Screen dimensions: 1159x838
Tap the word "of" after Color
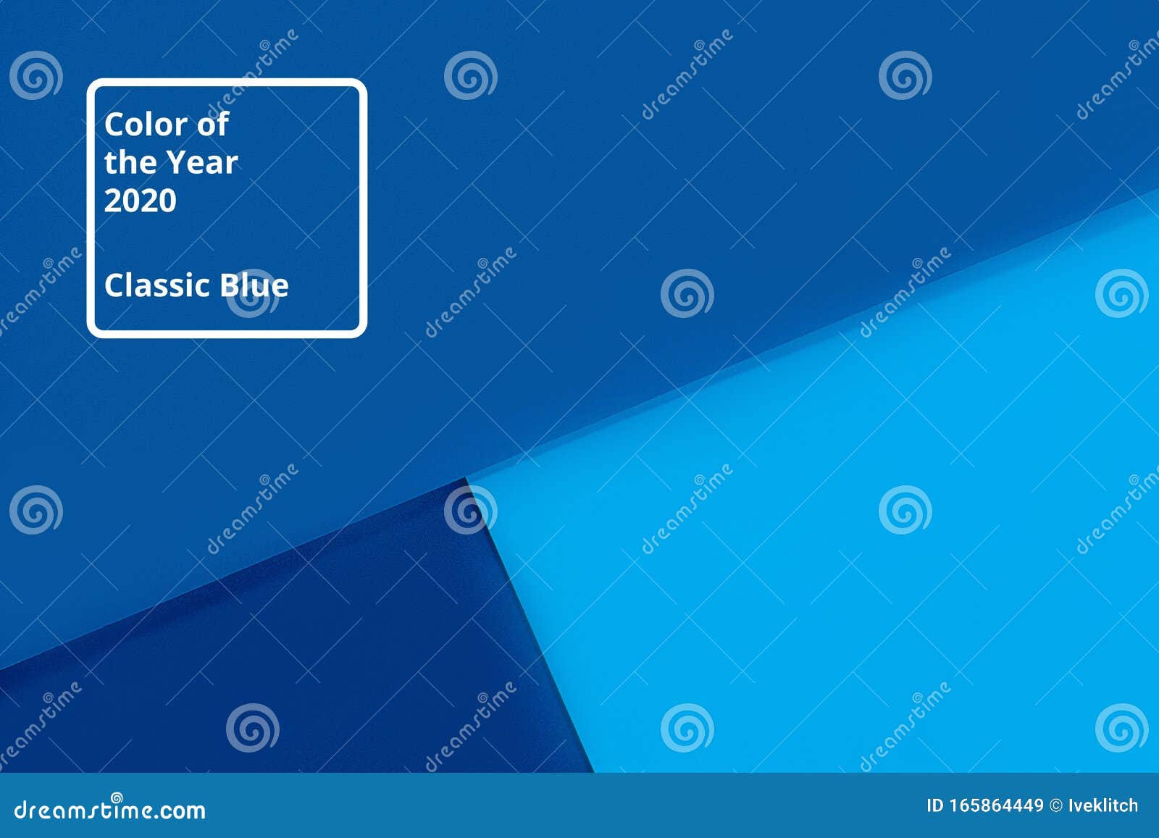pyautogui.click(x=213, y=124)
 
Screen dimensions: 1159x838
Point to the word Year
pyautogui.click(x=203, y=163)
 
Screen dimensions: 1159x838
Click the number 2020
pyautogui.click(x=141, y=201)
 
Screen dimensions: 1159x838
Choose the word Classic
pyautogui.click(x=158, y=285)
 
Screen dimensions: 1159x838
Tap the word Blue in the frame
pyautogui.click(x=254, y=285)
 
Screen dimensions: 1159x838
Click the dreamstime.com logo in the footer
pyautogui.click(x=109, y=809)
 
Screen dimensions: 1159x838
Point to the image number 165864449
pyautogui.click(x=996, y=805)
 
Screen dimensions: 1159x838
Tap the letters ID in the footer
pyautogui.click(x=935, y=805)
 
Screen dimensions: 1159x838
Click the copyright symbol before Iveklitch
pyautogui.click(x=1056, y=805)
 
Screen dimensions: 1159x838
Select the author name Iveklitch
pyautogui.click(x=1103, y=805)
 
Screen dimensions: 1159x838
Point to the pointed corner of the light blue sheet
pyautogui.click(x=468, y=478)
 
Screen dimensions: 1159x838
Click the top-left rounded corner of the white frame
pyautogui.click(x=94, y=86)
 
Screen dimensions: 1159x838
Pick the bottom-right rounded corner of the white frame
pyautogui.click(x=360, y=331)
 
